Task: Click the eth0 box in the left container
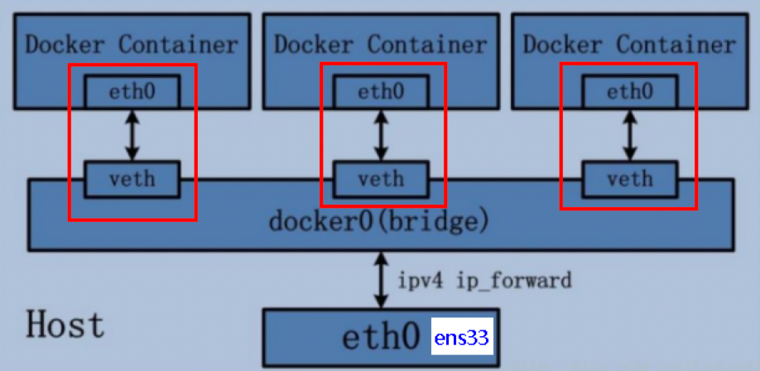(x=132, y=92)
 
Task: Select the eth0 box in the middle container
(x=381, y=92)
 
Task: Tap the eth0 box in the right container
(x=630, y=92)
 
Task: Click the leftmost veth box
(x=132, y=177)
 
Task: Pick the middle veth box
(x=381, y=177)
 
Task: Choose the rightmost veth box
(x=630, y=177)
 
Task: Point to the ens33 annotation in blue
(x=462, y=338)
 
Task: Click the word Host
(x=65, y=324)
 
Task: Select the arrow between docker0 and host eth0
(x=381, y=281)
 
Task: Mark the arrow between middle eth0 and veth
(x=381, y=135)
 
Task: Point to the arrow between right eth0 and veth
(x=630, y=135)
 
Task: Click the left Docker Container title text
(x=132, y=44)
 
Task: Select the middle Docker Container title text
(x=381, y=44)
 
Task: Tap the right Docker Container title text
(x=630, y=44)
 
